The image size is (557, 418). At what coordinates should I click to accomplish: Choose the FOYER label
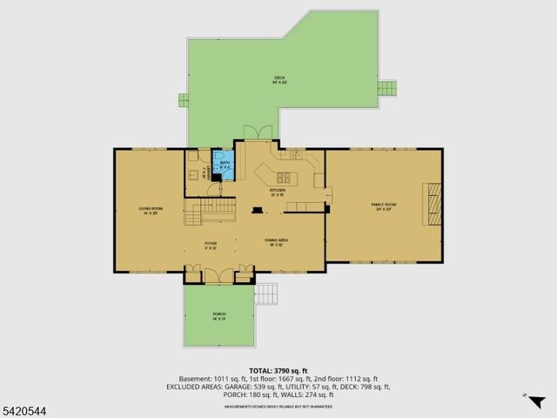coord(211,245)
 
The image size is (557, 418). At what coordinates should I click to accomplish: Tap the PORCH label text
coord(219,316)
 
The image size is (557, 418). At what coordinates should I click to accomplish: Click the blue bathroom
coord(225,164)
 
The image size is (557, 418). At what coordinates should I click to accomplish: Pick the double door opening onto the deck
coord(258,132)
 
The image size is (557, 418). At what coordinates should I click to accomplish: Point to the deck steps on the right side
coord(386,89)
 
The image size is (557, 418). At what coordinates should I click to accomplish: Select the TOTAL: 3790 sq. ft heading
coord(278,371)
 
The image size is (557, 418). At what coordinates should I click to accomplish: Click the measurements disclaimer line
coord(278,406)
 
